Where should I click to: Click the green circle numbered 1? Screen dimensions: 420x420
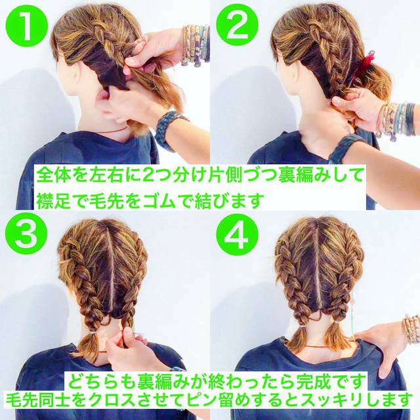[x=27, y=26]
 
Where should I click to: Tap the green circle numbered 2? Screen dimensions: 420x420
[x=237, y=26]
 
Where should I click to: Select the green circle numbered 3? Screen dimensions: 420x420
[x=27, y=235]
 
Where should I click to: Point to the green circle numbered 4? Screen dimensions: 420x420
[x=237, y=235]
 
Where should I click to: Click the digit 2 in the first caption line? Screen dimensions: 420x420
[x=147, y=176]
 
